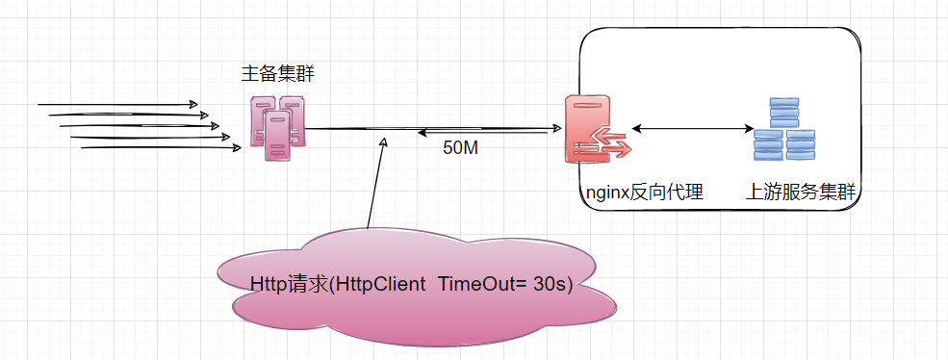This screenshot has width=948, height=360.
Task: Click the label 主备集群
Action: coord(278,75)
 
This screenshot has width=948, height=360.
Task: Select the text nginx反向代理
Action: coord(644,193)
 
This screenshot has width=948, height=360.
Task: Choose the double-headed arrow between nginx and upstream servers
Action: coord(691,129)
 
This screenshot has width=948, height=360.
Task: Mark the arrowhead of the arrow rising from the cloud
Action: coord(383,141)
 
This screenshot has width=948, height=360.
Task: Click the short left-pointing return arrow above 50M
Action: coord(481,133)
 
